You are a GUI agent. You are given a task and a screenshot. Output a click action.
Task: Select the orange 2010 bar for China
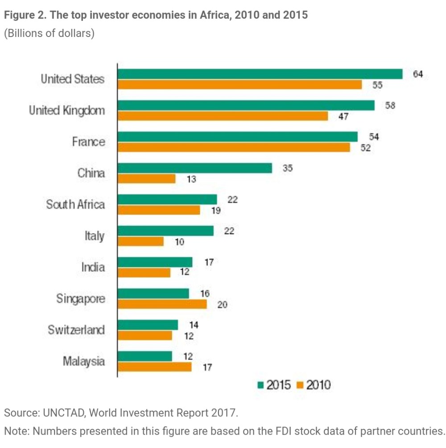point(147,179)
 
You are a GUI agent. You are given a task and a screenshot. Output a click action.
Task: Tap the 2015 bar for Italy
point(166,231)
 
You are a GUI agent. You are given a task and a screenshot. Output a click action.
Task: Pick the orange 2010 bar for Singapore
point(162,304)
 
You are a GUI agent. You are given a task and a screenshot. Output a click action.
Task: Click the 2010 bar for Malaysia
point(155,367)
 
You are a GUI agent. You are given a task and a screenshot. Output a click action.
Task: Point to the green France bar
point(238,137)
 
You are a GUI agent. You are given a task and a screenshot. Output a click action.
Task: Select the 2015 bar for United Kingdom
point(246,105)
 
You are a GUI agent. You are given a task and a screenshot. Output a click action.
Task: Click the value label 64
point(418,74)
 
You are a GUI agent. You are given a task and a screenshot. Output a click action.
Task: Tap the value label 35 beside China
point(288,169)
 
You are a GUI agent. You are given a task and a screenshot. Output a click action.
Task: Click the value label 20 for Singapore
point(222,305)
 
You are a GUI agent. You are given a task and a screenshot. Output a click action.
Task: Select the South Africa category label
point(75,205)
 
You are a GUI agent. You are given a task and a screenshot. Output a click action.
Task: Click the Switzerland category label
point(76,330)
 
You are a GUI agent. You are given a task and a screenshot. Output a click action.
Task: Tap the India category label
point(93,267)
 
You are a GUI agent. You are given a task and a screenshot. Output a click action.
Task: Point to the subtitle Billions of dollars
point(49,34)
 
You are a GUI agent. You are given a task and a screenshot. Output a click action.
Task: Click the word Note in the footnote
point(15,431)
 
